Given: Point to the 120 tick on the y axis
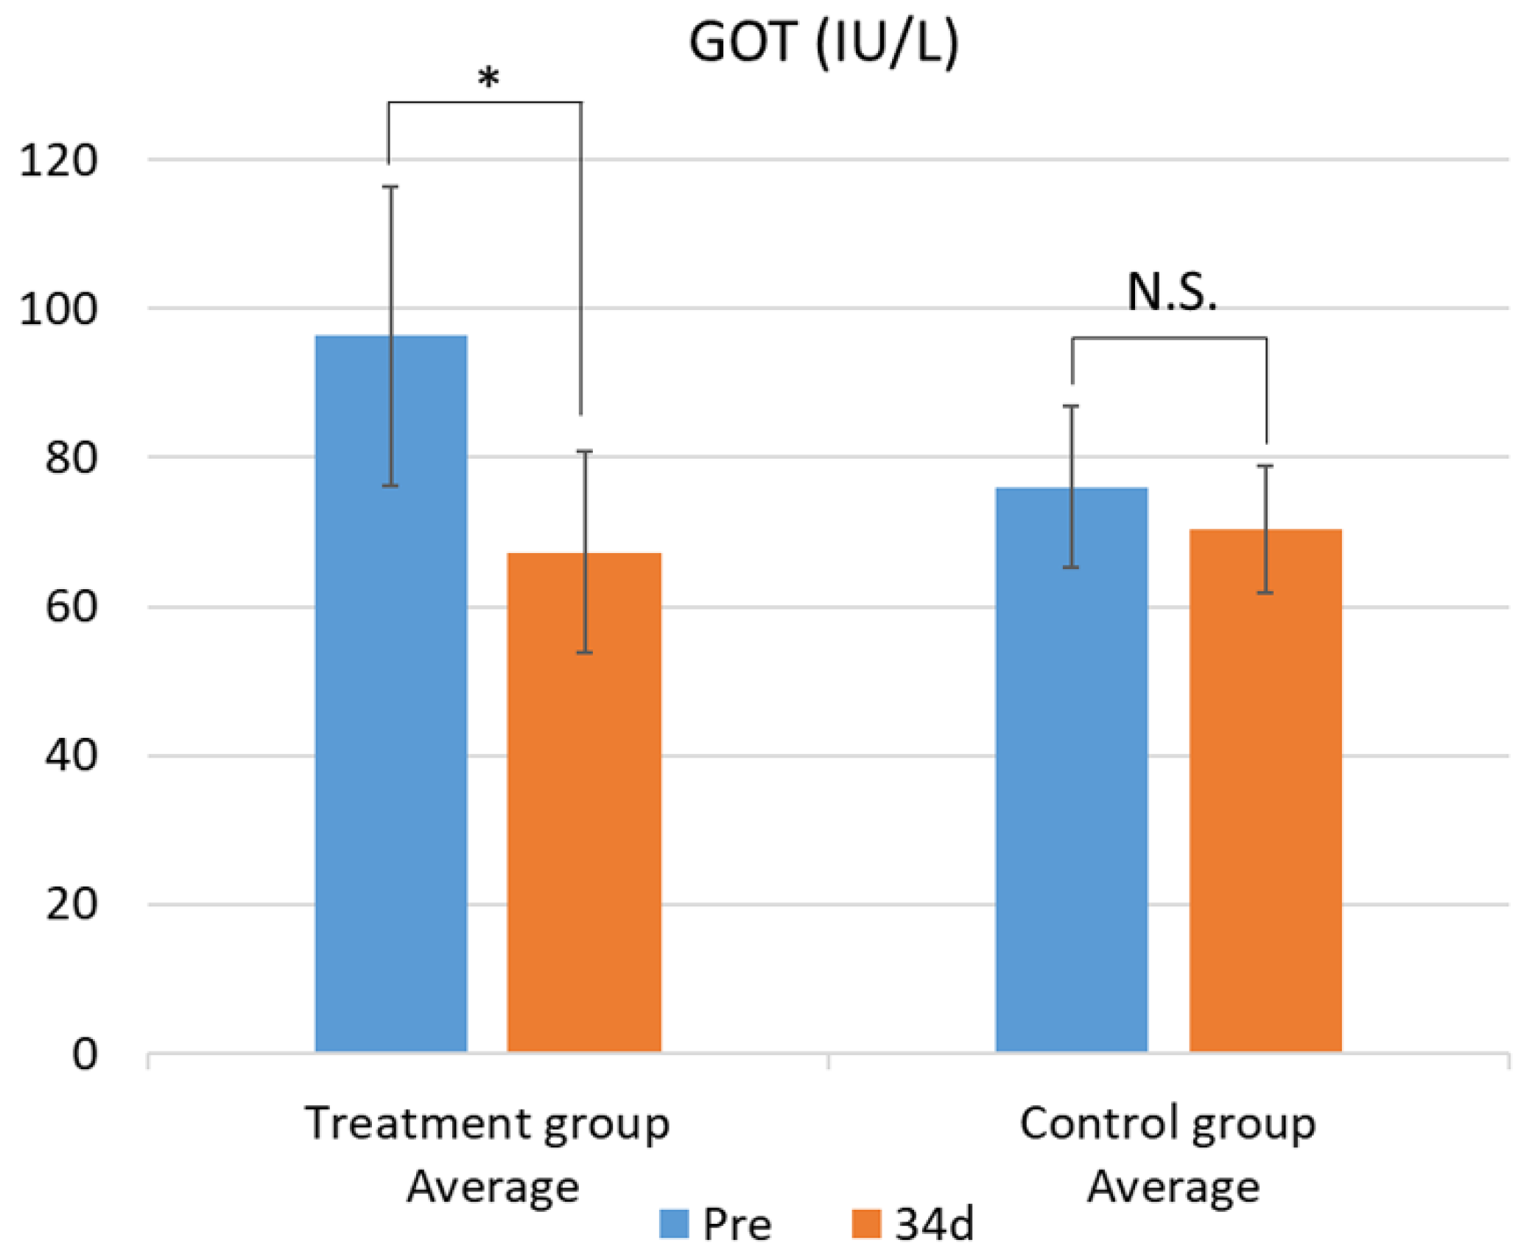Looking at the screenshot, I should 58,161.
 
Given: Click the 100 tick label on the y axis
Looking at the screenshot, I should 58,309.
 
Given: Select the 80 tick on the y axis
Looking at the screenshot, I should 71,458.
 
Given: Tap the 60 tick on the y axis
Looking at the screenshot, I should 71,608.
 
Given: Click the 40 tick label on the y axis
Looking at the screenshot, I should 71,756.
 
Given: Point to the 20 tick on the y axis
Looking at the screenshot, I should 71,905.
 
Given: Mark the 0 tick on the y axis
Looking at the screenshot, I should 85,1054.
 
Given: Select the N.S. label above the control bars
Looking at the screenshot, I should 1171,292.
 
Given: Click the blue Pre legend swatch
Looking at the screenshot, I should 674,1225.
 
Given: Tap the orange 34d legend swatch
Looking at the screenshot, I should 866,1225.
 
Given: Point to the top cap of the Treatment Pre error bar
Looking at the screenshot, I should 390,187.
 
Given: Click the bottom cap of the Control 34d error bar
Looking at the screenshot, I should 1265,593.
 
